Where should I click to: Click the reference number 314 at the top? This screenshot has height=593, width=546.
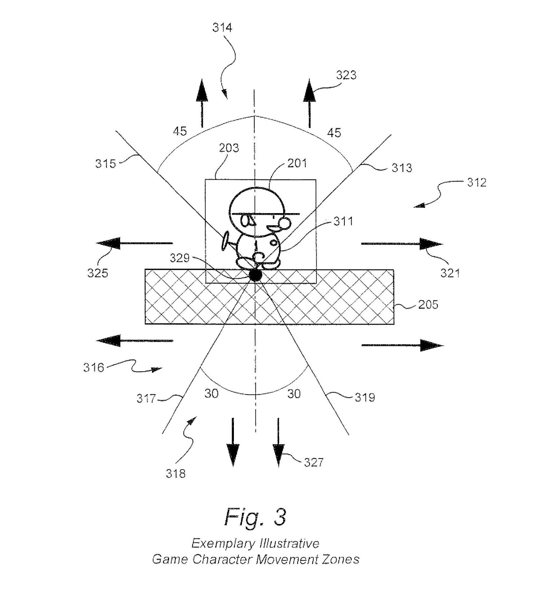click(x=222, y=28)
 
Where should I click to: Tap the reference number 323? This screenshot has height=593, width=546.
click(x=346, y=75)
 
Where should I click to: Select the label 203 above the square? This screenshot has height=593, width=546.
click(x=229, y=148)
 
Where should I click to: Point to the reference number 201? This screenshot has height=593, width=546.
click(x=297, y=163)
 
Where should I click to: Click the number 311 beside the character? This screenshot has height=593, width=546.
click(x=343, y=221)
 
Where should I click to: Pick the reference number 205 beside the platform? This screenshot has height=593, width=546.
click(x=428, y=305)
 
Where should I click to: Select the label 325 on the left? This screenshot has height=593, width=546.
click(x=97, y=273)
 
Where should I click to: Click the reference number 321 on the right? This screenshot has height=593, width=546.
click(x=450, y=273)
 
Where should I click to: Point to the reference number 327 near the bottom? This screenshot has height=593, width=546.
click(x=314, y=462)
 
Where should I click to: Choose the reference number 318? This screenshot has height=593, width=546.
click(x=175, y=474)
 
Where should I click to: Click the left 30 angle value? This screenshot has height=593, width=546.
click(x=211, y=394)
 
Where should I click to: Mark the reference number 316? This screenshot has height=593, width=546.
click(x=93, y=368)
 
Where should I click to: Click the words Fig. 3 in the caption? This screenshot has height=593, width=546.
click(x=255, y=517)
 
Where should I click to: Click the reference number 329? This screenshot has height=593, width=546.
click(x=179, y=258)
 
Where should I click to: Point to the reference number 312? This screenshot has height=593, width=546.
click(x=476, y=183)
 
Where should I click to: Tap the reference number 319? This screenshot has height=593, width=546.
click(x=365, y=398)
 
